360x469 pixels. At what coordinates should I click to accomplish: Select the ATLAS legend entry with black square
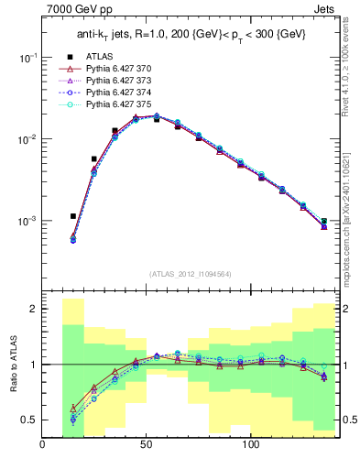[97, 56]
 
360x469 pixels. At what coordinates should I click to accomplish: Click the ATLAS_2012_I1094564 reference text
[190, 274]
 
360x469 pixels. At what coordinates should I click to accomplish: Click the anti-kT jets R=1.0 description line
[190, 35]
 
